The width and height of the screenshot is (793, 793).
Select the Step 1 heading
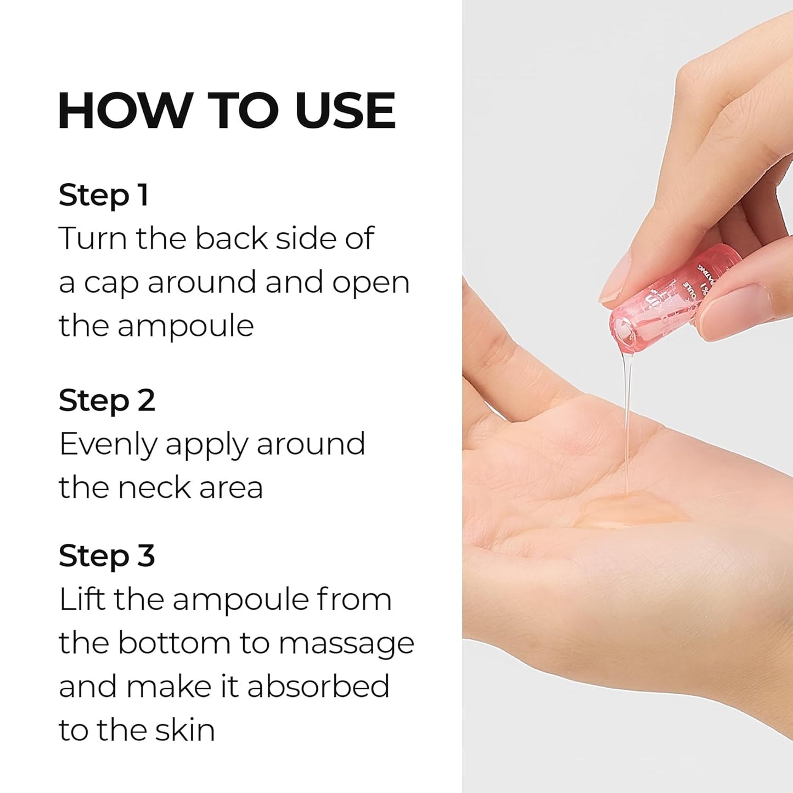103,195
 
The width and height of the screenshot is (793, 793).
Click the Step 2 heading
106,401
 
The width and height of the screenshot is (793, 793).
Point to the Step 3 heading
106,556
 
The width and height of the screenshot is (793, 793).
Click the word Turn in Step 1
93,239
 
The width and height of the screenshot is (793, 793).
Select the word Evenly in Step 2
108,445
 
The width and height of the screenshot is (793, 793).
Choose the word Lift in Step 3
82,599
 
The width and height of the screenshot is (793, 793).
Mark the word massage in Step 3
346,644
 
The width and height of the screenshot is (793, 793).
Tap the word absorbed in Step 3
318,687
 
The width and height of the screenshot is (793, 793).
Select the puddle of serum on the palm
631,510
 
